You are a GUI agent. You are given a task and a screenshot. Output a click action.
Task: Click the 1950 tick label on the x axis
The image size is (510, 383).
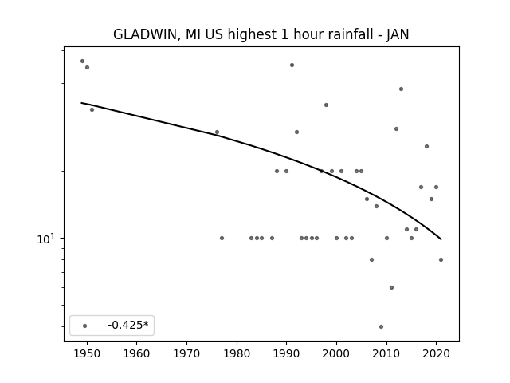[x=87, y=353]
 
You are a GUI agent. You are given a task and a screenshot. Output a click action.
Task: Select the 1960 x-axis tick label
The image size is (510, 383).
[x=136, y=353]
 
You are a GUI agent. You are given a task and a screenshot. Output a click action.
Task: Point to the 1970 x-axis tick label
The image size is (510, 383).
[x=186, y=353]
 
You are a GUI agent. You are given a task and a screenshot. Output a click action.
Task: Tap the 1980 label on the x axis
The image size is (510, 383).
[x=237, y=353]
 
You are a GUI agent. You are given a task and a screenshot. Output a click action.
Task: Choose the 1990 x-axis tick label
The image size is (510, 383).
[x=287, y=353]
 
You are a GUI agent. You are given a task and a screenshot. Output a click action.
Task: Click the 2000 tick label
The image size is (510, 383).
[x=336, y=353]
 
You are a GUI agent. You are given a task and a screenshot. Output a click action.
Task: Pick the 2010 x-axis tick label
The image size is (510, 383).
[x=386, y=353]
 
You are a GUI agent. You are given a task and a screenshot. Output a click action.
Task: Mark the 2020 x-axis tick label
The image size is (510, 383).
[x=437, y=353]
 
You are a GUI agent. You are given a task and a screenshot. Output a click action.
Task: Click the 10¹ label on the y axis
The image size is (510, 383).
[x=46, y=239]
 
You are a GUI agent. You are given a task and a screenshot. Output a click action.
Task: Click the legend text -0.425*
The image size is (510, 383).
[x=128, y=325]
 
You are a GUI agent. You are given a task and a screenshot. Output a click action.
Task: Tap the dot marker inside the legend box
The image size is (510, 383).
[x=85, y=326]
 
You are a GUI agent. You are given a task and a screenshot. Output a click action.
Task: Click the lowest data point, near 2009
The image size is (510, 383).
[x=381, y=326]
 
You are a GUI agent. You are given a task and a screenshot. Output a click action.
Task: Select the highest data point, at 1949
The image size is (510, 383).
[x=82, y=61]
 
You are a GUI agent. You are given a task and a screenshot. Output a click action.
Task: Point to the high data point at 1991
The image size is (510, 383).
[x=292, y=65]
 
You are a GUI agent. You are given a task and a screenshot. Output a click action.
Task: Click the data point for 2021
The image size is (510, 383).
[x=441, y=259]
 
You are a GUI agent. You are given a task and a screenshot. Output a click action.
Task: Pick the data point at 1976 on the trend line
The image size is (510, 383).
[x=217, y=132]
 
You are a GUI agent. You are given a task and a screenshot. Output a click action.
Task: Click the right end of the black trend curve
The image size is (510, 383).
[x=441, y=239]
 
